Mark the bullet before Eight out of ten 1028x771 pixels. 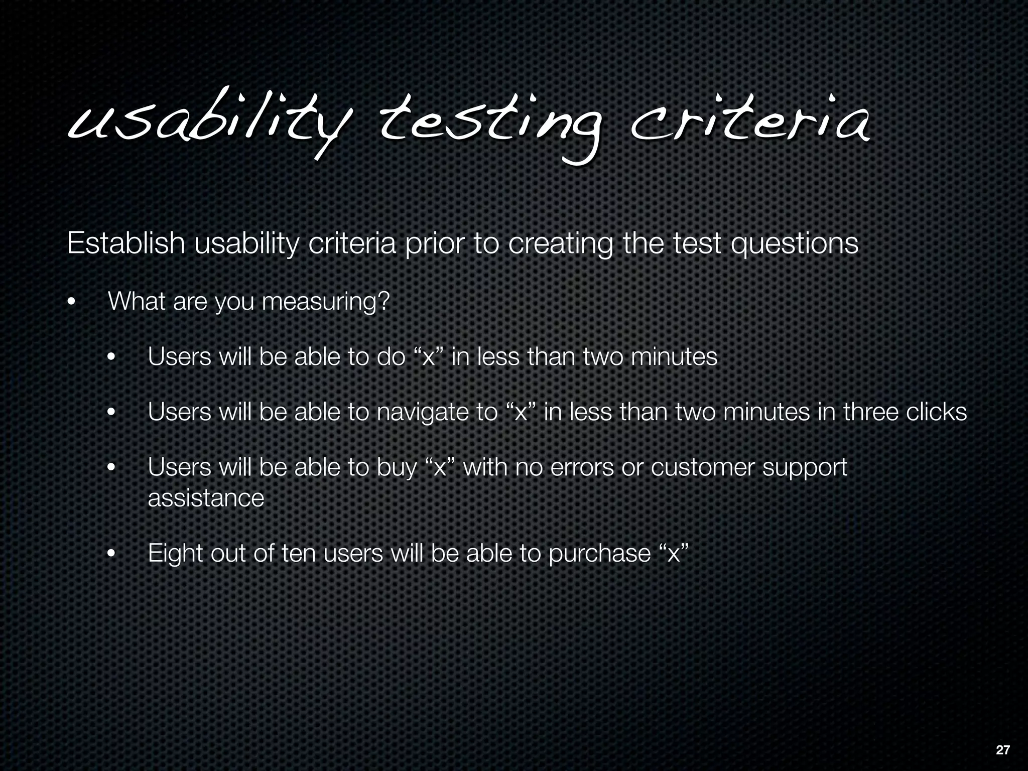tap(111, 554)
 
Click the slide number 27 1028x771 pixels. tap(1003, 750)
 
